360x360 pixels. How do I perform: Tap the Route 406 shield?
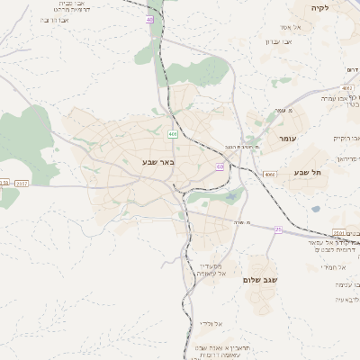(171, 134)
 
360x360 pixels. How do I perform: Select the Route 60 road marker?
(220, 166)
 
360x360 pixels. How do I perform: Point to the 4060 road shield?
(269, 173)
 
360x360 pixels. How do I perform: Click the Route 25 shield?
(278, 230)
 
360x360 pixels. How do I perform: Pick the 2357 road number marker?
(22, 183)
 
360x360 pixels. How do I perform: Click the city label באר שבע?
(158, 162)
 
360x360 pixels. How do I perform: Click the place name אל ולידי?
(212, 322)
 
